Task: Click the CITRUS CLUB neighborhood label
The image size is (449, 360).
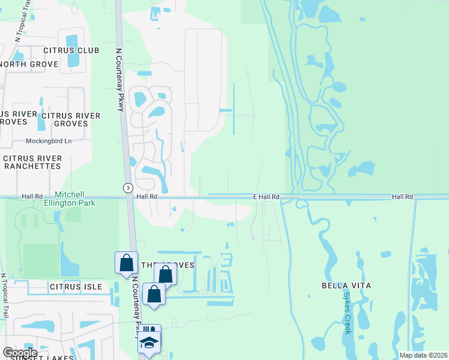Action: [71, 50]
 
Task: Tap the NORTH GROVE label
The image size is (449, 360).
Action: [29, 64]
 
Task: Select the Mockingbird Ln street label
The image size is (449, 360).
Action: [48, 141]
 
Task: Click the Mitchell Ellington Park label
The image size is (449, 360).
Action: [76, 199]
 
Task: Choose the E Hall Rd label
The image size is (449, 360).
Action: [266, 197]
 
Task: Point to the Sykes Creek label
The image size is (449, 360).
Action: [347, 312]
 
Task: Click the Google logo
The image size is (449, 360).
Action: [20, 353]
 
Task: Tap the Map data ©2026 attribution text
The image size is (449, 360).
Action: [423, 355]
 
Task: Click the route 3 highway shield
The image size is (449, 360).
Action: [128, 188]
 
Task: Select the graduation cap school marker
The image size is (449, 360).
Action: [149, 343]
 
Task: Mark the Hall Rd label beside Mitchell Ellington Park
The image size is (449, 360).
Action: [32, 196]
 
